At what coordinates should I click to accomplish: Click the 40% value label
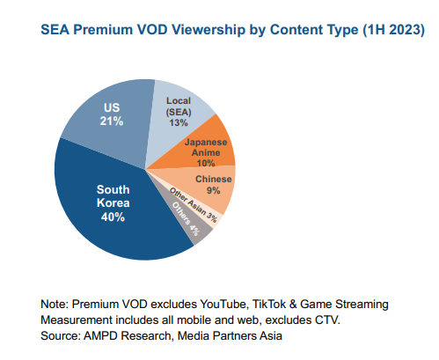tap(112, 217)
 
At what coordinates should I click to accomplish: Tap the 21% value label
tap(112, 120)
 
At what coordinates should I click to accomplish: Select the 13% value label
tap(180, 123)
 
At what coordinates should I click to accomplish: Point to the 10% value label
tap(205, 163)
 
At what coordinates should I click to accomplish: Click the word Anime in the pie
tap(205, 151)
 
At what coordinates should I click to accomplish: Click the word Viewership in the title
tap(184, 30)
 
